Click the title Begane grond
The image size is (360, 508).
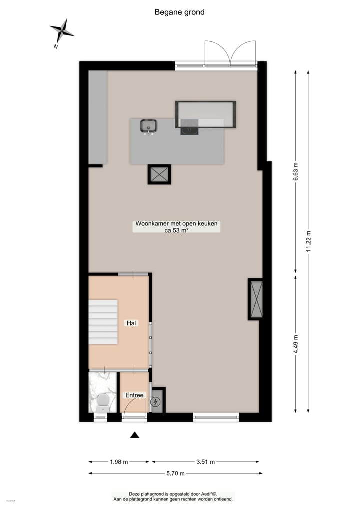pos(180,12)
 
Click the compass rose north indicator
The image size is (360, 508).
pos(62,32)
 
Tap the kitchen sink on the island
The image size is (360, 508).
pos(148,126)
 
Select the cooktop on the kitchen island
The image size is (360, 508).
pos(189,128)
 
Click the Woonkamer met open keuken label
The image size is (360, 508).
pos(176,224)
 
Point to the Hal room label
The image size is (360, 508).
pos(132,323)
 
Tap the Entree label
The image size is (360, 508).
pos(134,395)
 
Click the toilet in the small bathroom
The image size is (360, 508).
pos(103,400)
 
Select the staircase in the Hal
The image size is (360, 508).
pos(103,321)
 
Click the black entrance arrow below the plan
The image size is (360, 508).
pos(134,435)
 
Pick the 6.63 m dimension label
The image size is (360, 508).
pos(296,172)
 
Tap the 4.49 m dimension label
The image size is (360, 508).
pos(296,344)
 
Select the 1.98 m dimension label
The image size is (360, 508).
pos(119,462)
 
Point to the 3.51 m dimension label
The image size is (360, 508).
pos(205,462)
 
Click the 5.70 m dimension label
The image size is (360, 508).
pos(175,473)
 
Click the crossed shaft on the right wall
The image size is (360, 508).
pos(256,299)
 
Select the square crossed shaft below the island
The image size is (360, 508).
pos(159,174)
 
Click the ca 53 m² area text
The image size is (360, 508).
pos(176,231)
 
